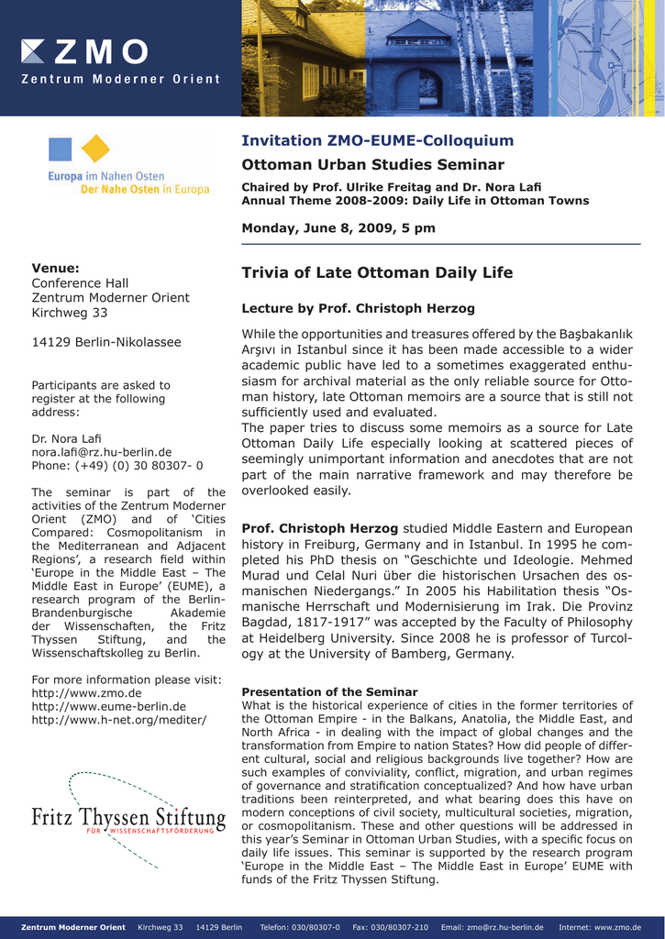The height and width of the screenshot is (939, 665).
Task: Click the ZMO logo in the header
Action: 84,50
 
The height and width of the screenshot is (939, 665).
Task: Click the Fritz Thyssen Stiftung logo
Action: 128,818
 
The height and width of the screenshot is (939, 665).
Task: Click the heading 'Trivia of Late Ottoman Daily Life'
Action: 377,272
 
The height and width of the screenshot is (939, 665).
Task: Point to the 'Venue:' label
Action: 56,268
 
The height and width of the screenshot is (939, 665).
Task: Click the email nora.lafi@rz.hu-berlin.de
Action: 102,452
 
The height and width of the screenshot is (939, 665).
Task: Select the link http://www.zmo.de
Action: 86,692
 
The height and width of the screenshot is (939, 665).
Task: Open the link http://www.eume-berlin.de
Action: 108,706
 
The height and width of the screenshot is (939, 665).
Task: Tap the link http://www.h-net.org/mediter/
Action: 119,720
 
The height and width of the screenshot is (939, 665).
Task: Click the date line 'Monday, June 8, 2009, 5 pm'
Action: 338,227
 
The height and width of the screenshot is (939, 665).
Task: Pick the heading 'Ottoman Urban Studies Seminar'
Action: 372,165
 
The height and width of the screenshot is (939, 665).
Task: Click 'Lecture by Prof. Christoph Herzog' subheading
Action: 358,308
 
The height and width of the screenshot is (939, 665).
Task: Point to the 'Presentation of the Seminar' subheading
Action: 329,691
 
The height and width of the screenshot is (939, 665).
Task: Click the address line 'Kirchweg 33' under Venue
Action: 70,313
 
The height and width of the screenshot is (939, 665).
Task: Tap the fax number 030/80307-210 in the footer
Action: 390,927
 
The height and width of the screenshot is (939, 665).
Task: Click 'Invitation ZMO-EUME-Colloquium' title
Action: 377,140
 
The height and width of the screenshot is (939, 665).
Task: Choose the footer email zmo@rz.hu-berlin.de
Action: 492,927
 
